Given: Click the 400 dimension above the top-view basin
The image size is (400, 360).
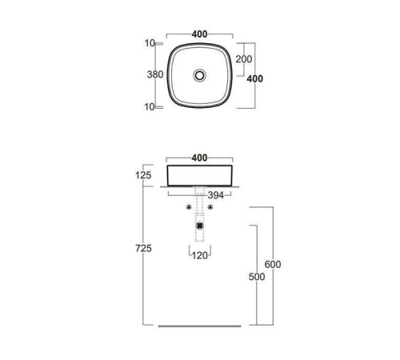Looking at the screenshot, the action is [199, 34].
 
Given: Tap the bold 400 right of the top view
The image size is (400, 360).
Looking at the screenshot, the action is [254, 78].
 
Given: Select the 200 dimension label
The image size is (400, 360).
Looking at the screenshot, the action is [244, 59].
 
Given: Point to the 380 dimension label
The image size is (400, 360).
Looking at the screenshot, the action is [155, 74].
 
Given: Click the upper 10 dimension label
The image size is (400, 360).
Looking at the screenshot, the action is [150, 43].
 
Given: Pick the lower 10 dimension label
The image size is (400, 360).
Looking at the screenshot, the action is [150, 107].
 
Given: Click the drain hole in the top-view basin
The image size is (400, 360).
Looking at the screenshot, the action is [199, 75].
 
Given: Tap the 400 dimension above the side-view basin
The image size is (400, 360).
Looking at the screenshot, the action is [199, 158].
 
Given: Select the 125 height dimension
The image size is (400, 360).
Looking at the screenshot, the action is [143, 175].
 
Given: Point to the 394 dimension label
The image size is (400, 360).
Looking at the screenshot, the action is [216, 195].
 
